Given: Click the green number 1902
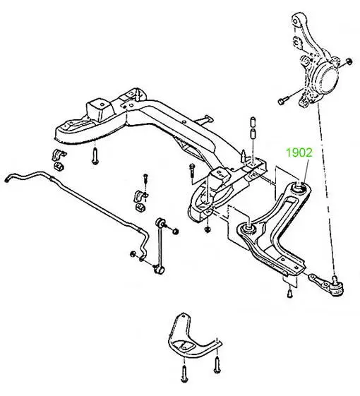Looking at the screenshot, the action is coord(299,152).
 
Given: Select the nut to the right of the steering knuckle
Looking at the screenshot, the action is coord(349,61).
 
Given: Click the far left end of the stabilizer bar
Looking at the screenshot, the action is coord(7,179).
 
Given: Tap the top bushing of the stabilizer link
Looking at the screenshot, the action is coord(161,222).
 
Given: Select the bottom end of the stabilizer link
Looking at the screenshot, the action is coord(159,269).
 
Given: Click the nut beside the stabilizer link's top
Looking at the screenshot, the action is coord(175,231).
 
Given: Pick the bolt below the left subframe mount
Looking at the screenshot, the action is coord(95,157).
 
